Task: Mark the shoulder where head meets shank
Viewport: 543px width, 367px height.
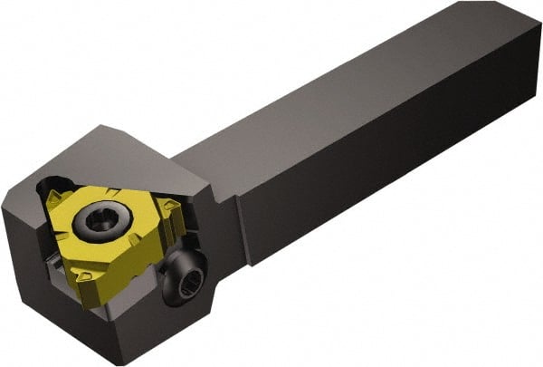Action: tap(217, 195)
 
